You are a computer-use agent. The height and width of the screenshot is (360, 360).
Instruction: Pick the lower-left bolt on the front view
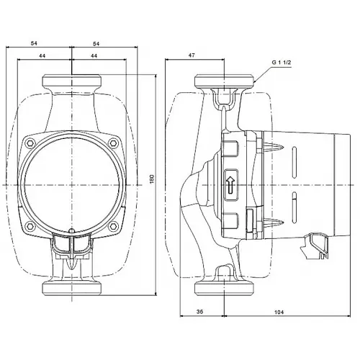pyautogui.click(x=30, y=225)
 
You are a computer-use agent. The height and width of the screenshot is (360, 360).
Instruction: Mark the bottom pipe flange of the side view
pyautogui.click(x=225, y=288)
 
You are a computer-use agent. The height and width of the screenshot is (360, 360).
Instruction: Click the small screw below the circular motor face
pyautogui.click(x=73, y=233)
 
